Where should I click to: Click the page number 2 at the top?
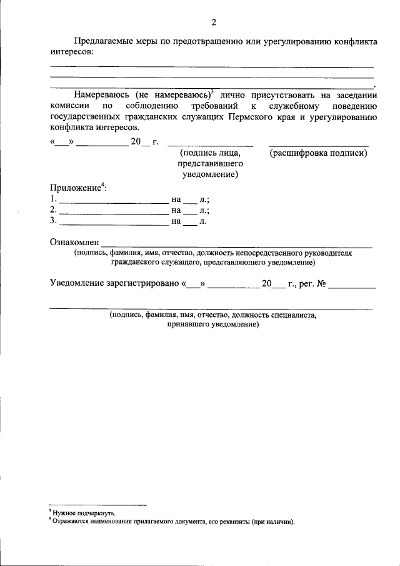[214, 23]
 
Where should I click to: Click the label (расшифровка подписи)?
[318, 153]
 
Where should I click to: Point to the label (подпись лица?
[209, 153]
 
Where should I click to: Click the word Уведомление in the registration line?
[79, 283]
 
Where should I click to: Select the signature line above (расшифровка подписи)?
[318, 145]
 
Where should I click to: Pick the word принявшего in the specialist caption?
[188, 325]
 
